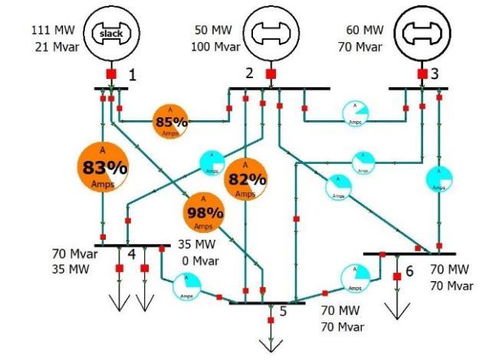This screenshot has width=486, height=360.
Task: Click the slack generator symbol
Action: pyautogui.click(x=112, y=32)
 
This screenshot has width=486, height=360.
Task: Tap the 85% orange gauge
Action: pyautogui.click(x=172, y=120)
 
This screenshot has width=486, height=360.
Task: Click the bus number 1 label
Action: pyautogui.click(x=132, y=75)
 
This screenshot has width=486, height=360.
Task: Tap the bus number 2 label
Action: pyautogui.click(x=248, y=74)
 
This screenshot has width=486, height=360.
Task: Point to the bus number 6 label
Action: pyautogui.click(x=409, y=271)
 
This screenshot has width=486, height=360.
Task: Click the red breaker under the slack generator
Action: pyautogui.click(x=110, y=74)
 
